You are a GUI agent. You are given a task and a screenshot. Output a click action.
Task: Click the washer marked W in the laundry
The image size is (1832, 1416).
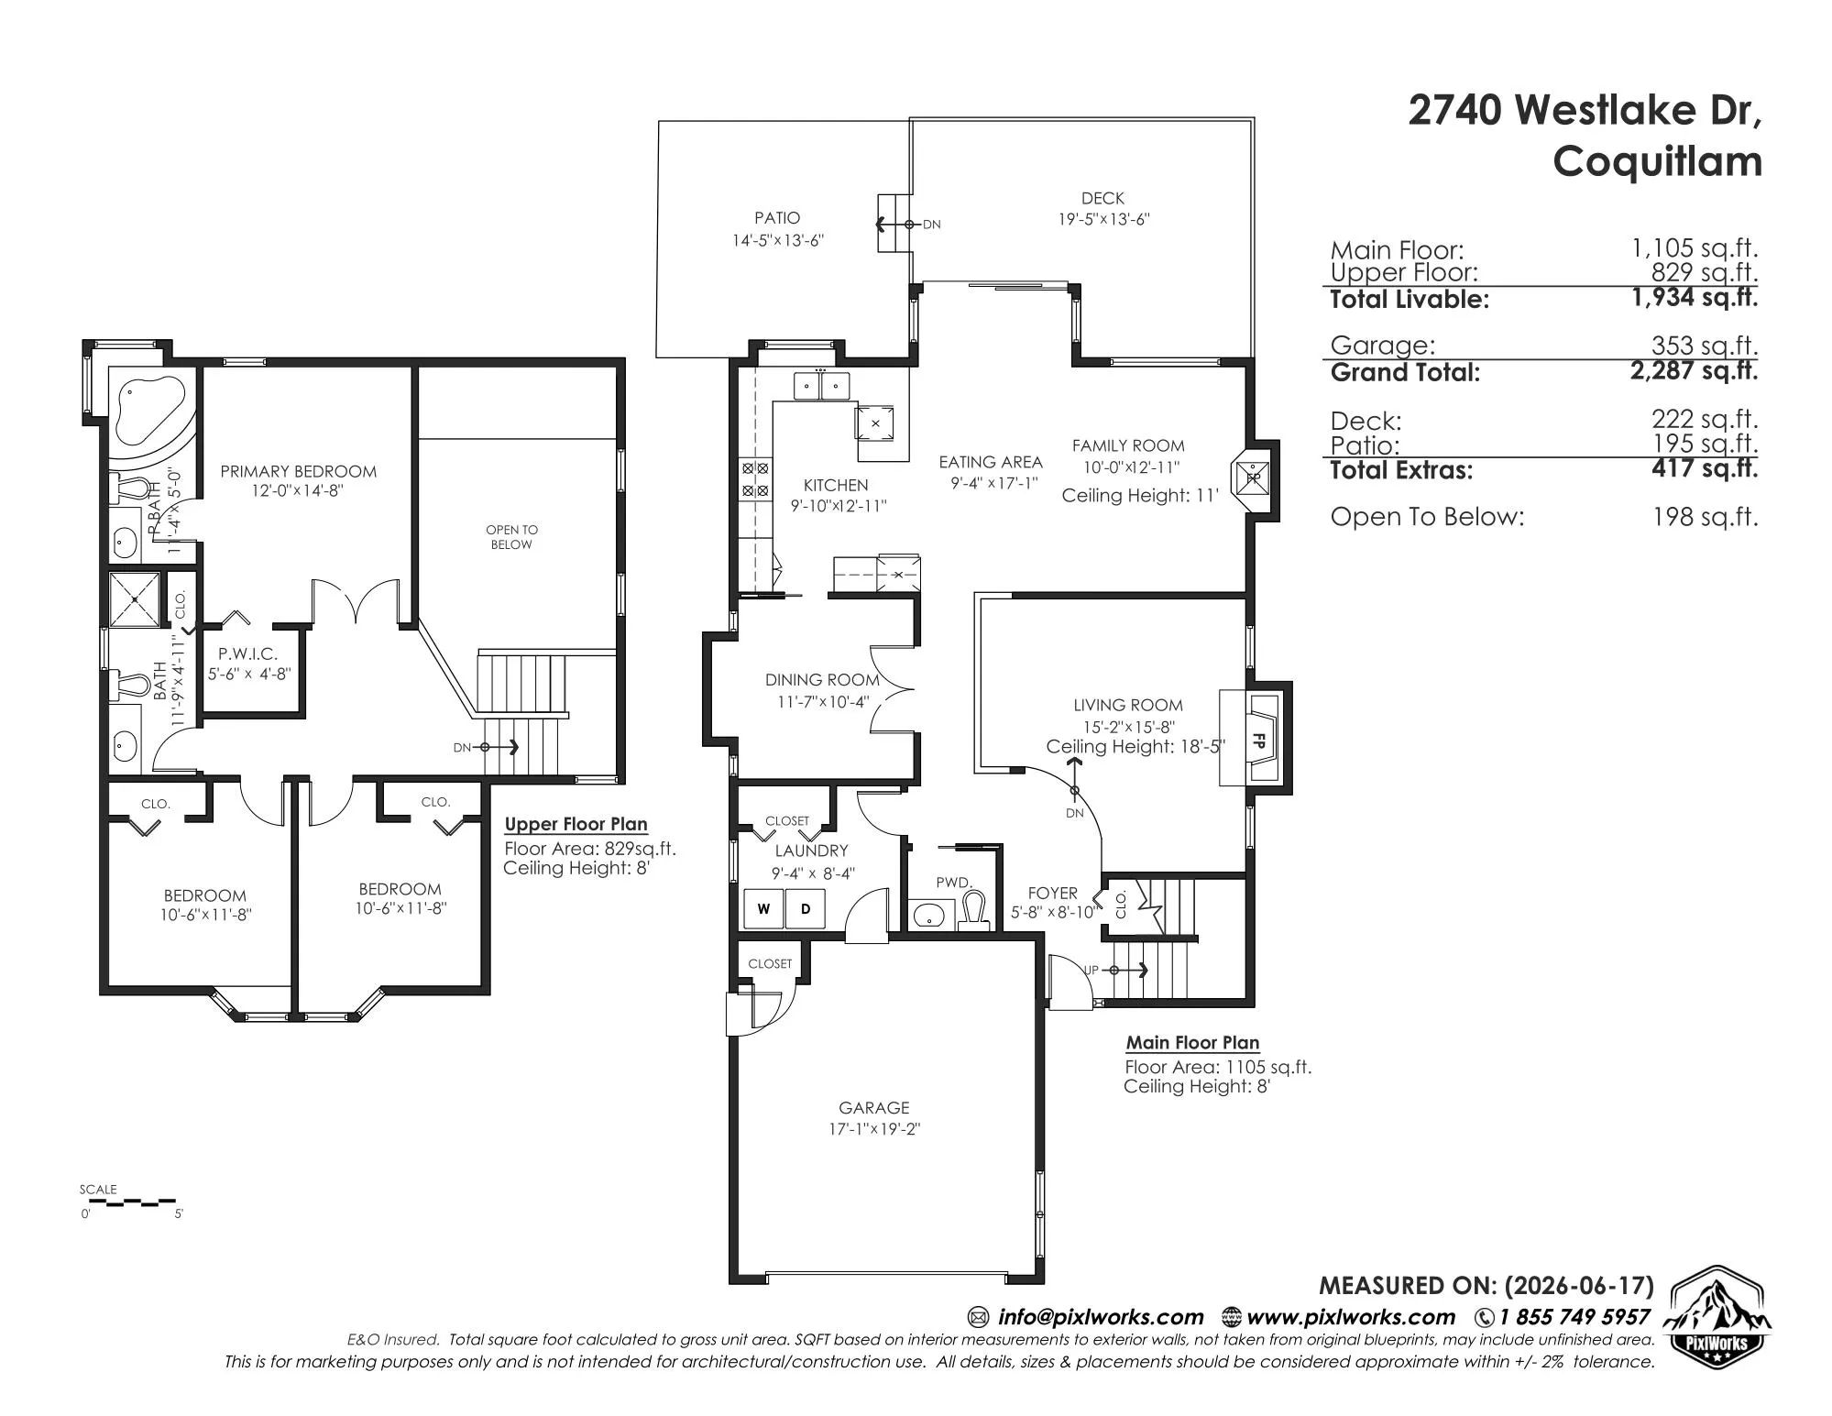click(763, 909)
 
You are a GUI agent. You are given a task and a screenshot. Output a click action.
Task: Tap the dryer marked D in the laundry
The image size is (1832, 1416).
click(806, 909)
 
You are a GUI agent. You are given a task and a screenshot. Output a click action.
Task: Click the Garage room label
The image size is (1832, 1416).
click(874, 1107)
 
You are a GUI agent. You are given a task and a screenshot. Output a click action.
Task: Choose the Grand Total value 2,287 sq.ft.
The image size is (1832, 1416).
click(1694, 370)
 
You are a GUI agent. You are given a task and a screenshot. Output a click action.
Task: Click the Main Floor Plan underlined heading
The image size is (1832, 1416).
click(1192, 1042)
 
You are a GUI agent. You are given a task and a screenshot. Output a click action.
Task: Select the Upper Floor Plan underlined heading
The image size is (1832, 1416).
click(576, 824)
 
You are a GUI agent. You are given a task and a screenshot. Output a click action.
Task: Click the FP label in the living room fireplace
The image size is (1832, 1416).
click(1258, 741)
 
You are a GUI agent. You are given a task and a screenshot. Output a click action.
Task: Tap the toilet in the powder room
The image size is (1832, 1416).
click(972, 909)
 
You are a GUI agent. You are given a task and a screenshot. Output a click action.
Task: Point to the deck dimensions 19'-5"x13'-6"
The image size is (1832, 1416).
click(1102, 219)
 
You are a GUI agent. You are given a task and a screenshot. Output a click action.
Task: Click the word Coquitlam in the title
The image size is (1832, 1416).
click(1657, 162)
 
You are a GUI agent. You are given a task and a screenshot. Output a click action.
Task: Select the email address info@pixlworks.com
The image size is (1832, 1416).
click(1101, 1317)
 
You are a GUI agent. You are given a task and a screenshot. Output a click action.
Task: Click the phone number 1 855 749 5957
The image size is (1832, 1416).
click(1574, 1317)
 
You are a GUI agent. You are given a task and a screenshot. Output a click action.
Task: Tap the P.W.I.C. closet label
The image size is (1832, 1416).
click(247, 654)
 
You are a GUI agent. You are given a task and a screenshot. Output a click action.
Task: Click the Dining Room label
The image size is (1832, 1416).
click(822, 680)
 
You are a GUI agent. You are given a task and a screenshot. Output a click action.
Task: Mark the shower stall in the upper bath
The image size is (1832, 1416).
click(135, 599)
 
